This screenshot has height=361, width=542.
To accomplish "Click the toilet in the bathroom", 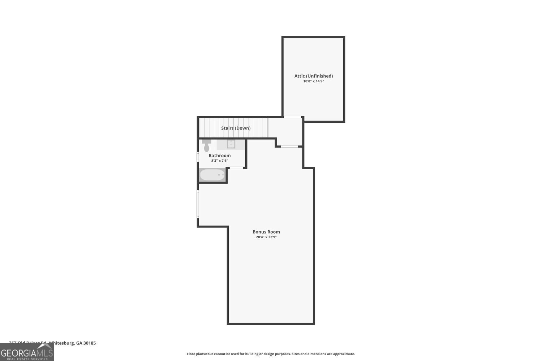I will pos(207,145).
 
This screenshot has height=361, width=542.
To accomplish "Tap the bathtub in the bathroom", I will pos(212,175).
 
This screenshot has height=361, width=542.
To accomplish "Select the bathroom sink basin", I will pos(231,144).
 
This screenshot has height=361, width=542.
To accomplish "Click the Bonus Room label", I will pos(266,232).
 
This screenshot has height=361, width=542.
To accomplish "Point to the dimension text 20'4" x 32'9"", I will pos(266,237).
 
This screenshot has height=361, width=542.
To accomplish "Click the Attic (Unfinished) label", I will pos(313,76).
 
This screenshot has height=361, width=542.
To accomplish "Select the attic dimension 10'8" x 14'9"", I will pos(313,81).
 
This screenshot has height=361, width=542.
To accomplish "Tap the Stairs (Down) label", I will pos(236,128).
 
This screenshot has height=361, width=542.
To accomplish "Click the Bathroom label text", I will pos(219,156).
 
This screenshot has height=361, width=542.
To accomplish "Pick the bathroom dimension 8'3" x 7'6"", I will pos(219,161).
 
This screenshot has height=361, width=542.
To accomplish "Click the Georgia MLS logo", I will pos(27,352).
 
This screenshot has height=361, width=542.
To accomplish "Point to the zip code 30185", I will pos(90,343).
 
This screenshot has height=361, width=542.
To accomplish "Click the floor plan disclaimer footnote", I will pos(271,354).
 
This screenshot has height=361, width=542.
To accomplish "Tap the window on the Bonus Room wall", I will pos(198,204).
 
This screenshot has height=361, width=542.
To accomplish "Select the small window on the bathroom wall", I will pos(198,156).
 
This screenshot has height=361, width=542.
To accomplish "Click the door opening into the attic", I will pos(293,117).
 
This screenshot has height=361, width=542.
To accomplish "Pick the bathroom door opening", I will pos(237,168).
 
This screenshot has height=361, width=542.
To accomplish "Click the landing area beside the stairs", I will pos(285,131).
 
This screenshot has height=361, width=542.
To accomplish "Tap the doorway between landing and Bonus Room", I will pos(289,146).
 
